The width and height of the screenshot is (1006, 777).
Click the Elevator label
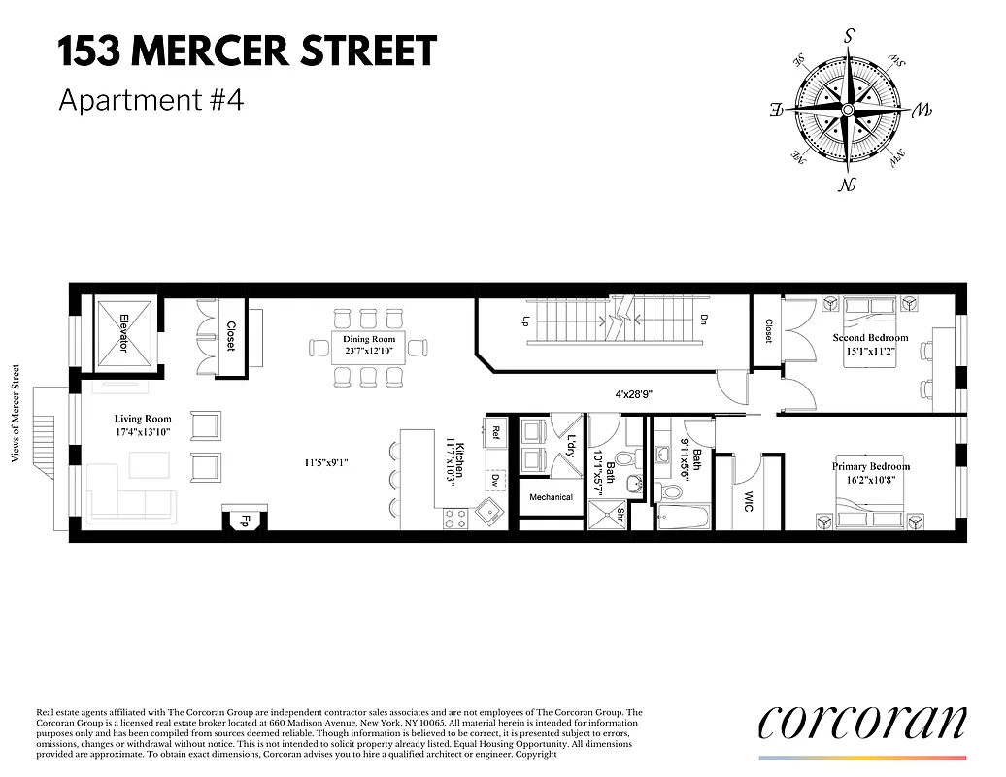point(124,332)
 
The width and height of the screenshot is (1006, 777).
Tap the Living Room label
point(143,420)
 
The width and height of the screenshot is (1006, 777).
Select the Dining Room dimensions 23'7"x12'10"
point(369,352)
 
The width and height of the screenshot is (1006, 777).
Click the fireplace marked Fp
point(246,520)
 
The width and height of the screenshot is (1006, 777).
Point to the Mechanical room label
point(551,497)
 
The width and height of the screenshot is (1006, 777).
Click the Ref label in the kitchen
point(495,431)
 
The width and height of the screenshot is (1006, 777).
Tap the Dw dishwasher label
point(495,479)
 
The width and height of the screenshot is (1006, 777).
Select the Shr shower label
point(620,516)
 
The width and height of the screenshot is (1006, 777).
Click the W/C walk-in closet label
point(748,501)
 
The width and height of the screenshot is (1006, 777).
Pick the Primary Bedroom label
point(870,467)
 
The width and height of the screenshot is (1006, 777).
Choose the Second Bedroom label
point(870,338)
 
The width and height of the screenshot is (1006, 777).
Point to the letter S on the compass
point(850,37)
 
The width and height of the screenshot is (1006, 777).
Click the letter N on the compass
point(850,185)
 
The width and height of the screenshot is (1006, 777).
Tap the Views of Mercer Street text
point(16,415)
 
